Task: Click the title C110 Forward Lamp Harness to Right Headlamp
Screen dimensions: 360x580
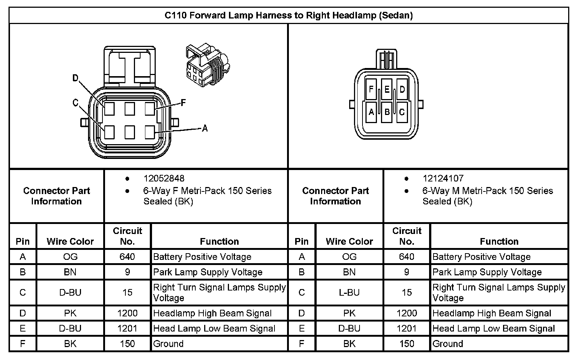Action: pyautogui.click(x=289, y=16)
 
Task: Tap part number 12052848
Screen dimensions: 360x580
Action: pyautogui.click(x=164, y=179)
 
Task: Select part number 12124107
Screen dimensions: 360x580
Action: pyautogui.click(x=443, y=179)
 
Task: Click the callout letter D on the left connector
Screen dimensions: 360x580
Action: pyautogui.click(x=75, y=78)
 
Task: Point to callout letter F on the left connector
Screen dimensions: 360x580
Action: pyautogui.click(x=183, y=103)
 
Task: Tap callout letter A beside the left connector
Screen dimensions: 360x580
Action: pyautogui.click(x=205, y=128)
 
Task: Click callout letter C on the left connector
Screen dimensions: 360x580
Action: pyautogui.click(x=75, y=103)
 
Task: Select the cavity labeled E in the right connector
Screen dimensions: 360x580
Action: pyautogui.click(x=387, y=89)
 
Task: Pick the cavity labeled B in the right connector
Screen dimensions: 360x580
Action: pyautogui.click(x=387, y=112)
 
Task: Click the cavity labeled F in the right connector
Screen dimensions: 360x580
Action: pyautogui.click(x=371, y=89)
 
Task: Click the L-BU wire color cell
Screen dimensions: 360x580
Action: pyautogui.click(x=349, y=293)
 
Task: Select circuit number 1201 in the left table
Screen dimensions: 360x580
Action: pyautogui.click(x=127, y=329)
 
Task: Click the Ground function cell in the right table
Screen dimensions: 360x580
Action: pyautogui.click(x=448, y=344)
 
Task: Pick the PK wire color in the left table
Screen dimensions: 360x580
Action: pyautogui.click(x=70, y=313)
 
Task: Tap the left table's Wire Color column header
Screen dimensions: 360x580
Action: pyautogui.click(x=70, y=241)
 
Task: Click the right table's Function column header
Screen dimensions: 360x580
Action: pyautogui.click(x=499, y=241)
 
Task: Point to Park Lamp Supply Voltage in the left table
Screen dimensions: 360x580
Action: pyautogui.click(x=208, y=272)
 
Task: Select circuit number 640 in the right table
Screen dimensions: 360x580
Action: pyautogui.click(x=407, y=257)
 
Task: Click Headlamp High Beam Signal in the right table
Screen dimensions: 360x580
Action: pyautogui.click(x=492, y=313)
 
